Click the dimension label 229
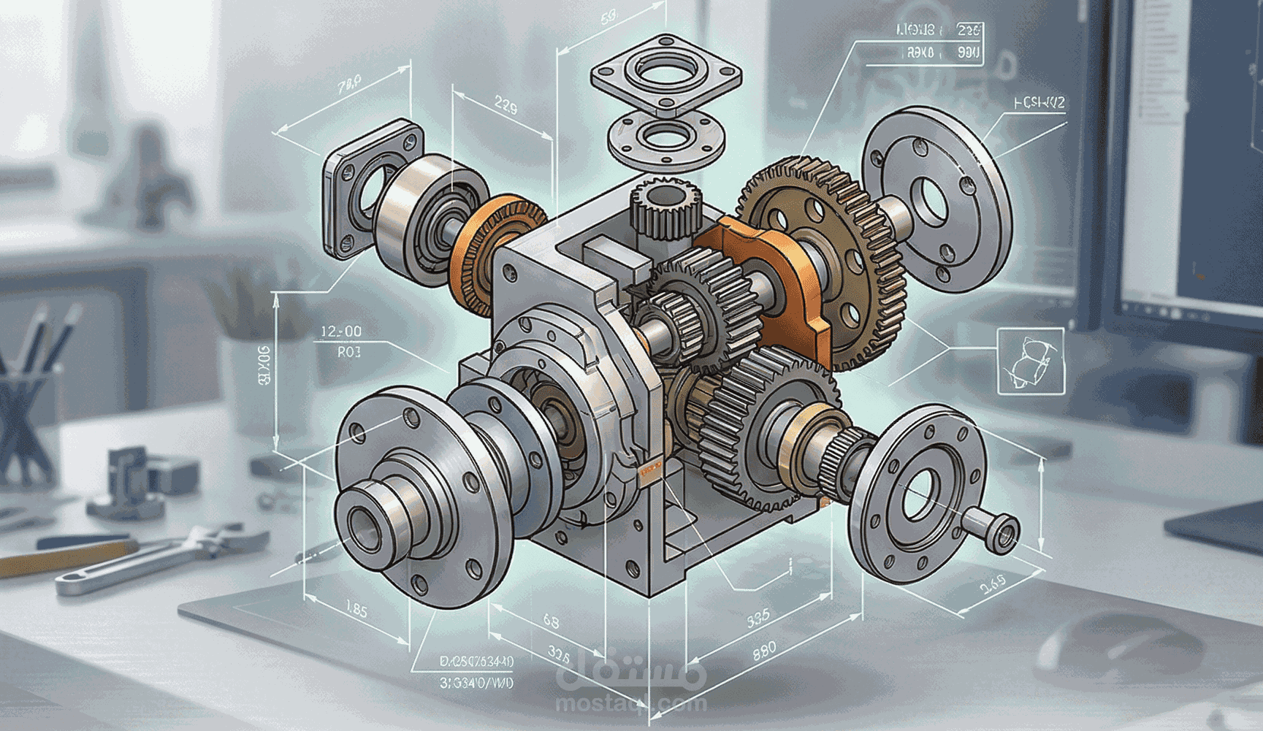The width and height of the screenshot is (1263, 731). point(505,107)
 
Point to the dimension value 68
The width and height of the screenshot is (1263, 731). point(551,621)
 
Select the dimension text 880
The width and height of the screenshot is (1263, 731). point(764,649)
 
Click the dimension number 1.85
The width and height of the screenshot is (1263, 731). point(356,608)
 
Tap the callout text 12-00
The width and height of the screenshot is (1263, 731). point(340,332)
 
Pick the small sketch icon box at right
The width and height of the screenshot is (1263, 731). point(1030,361)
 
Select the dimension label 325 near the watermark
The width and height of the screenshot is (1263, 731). point(559,652)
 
